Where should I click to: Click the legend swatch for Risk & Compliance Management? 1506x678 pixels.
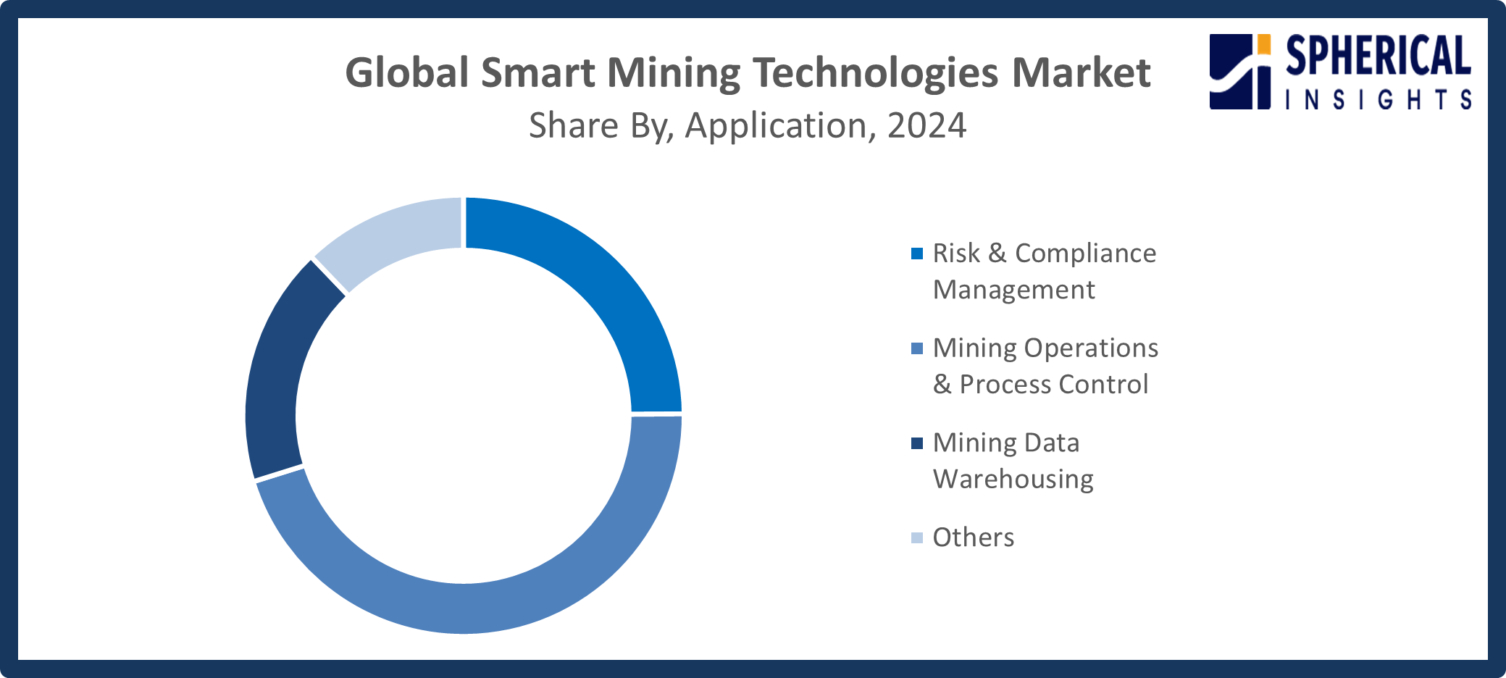coord(917,254)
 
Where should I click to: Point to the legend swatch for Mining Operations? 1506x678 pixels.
coord(917,348)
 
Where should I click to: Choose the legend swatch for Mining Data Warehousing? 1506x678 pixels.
coord(917,443)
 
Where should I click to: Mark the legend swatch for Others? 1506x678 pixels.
coord(917,537)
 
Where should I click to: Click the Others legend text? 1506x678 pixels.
coord(973,537)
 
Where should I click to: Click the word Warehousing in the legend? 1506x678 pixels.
coord(1013,479)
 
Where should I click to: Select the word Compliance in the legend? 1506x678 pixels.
coord(1085,254)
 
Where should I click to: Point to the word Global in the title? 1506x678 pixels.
coord(407,73)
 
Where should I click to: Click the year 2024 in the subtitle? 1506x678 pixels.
coord(926,125)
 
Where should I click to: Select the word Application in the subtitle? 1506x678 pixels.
coord(775,125)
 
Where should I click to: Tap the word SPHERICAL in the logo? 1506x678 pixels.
coord(1378,56)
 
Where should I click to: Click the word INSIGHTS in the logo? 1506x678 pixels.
coord(1378,99)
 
